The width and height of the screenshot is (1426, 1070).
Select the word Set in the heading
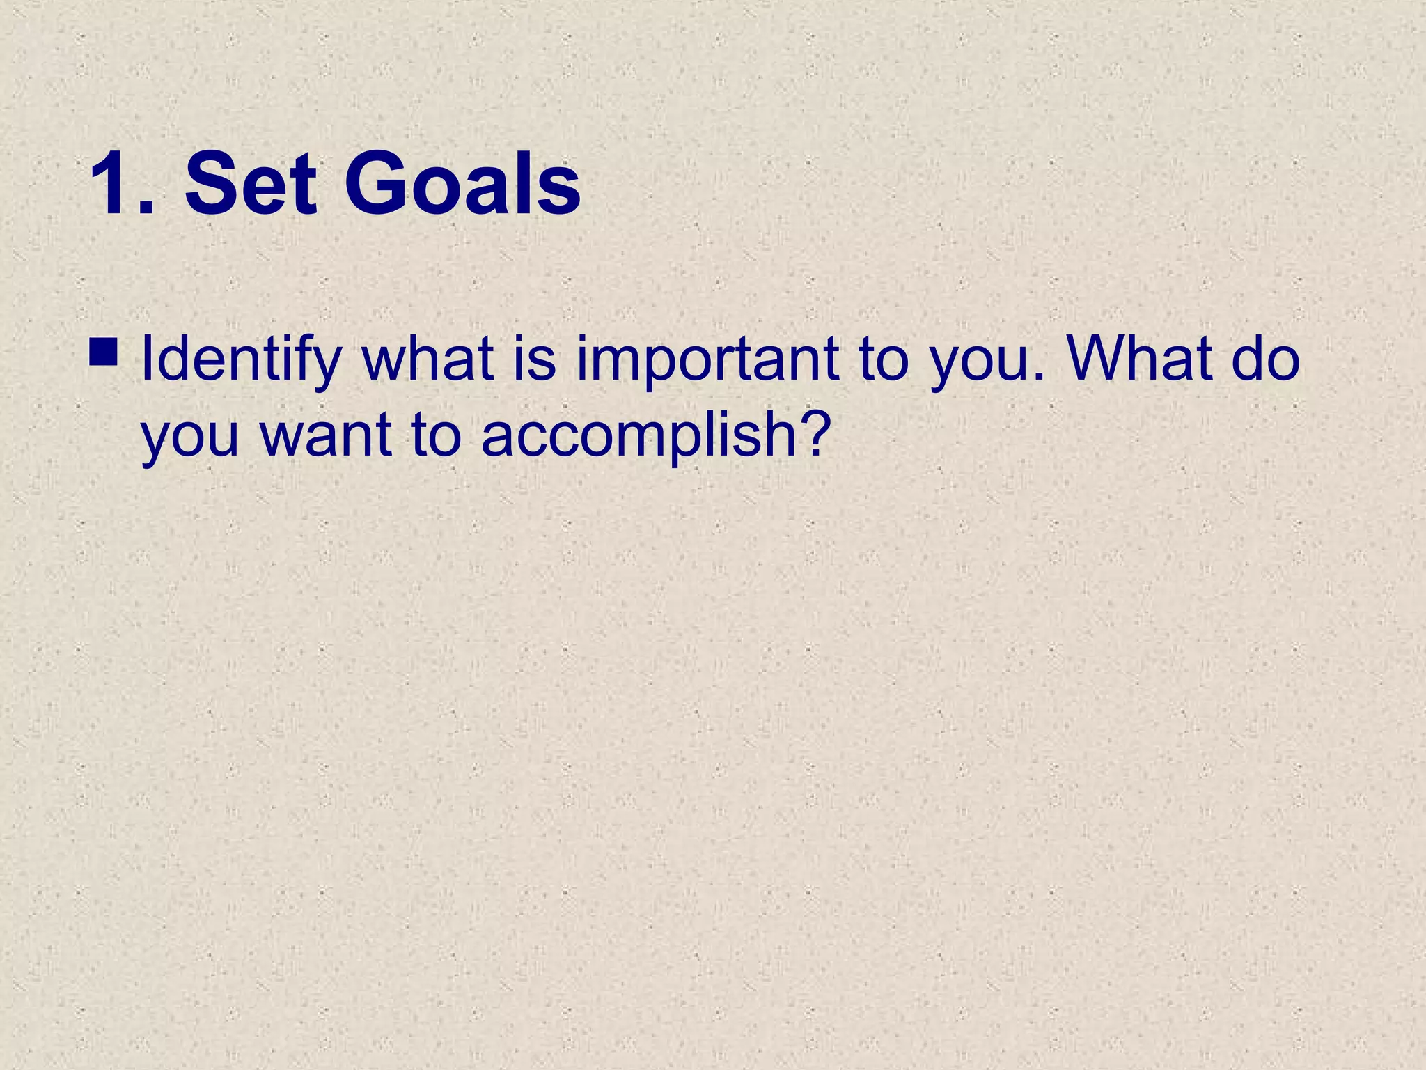(251, 185)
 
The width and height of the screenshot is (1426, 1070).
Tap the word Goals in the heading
(462, 185)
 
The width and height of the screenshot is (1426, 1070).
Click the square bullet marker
(104, 352)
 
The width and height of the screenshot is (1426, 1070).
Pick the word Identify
(240, 361)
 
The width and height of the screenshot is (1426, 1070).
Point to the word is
(535, 359)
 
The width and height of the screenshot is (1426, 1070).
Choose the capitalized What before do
(1138, 359)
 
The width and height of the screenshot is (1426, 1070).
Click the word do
(1265, 359)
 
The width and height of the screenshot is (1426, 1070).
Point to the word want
(326, 436)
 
